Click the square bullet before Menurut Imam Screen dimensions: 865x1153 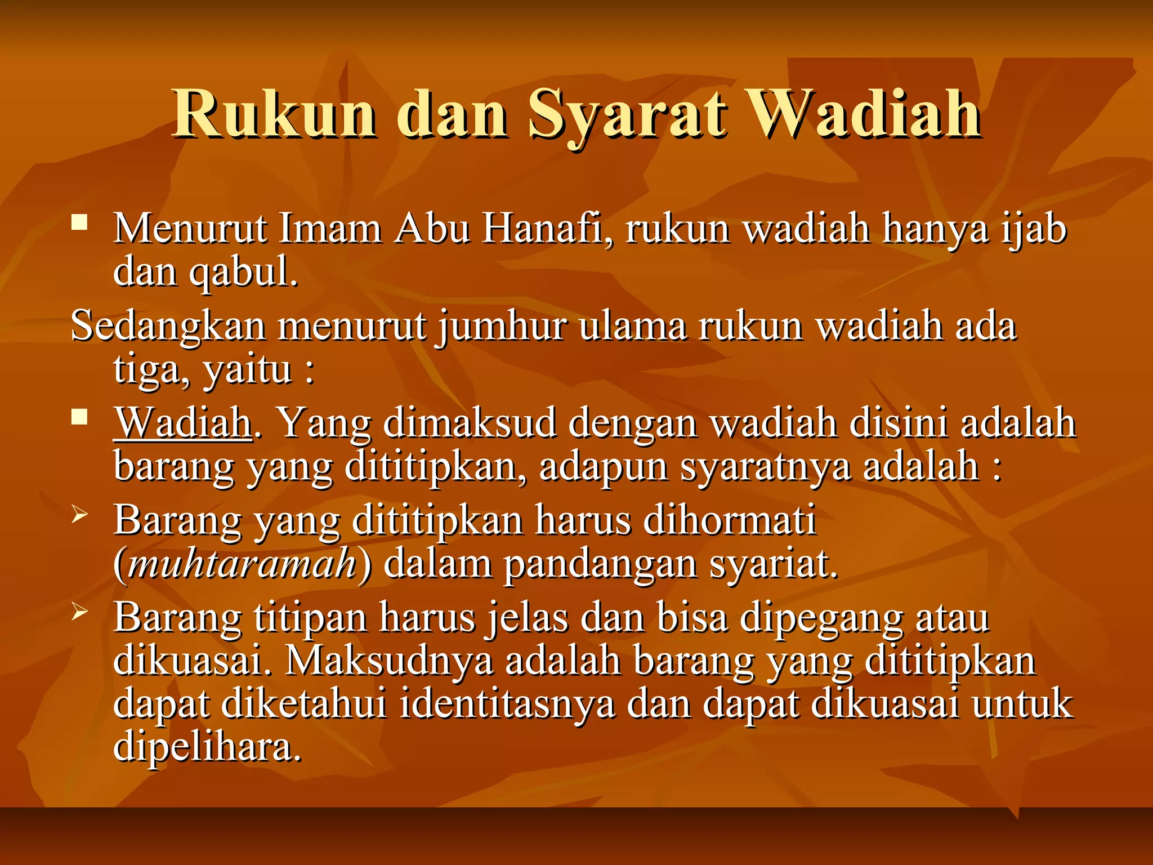coord(80,222)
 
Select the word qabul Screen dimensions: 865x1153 coord(243,273)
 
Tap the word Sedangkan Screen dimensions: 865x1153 coord(168,327)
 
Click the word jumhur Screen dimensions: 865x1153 coord(502,327)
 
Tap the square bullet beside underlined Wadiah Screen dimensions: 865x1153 coord(80,417)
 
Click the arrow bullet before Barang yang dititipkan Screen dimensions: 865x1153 coord(80,514)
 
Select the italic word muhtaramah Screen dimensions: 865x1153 coord(242,563)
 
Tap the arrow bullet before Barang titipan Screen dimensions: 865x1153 coord(80,612)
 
